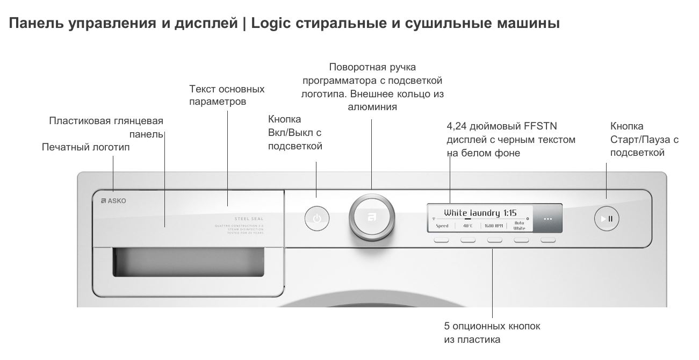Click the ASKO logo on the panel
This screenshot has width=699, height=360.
pyautogui.click(x=113, y=201)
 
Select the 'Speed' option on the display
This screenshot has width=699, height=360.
pyautogui.click(x=442, y=226)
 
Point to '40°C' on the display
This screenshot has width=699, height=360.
pyautogui.click(x=468, y=226)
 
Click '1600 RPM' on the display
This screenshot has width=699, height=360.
pyautogui.click(x=494, y=226)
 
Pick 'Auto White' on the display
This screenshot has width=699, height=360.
pyautogui.click(x=519, y=225)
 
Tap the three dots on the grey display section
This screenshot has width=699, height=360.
pyautogui.click(x=547, y=219)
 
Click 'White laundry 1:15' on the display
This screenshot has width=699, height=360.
pyautogui.click(x=481, y=212)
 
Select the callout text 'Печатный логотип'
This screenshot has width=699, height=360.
pyautogui.click(x=85, y=147)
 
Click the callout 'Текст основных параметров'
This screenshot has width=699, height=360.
pyautogui.click(x=227, y=95)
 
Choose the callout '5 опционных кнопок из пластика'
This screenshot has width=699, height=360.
pyautogui.click(x=492, y=333)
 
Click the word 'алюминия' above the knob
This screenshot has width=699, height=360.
pyautogui.click(x=372, y=106)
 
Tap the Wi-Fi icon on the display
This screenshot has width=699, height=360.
pyautogui.click(x=434, y=220)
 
